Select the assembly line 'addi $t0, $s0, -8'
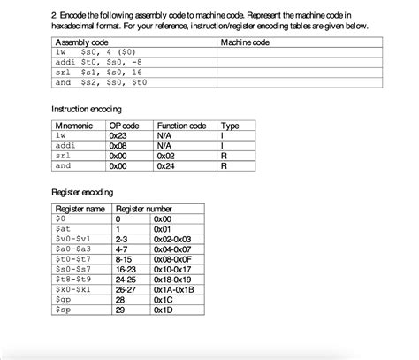[x=97, y=62]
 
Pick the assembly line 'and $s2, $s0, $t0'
[x=97, y=82]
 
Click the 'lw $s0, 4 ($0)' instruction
[x=92, y=52]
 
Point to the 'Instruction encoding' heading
[x=92, y=108]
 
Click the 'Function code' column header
[x=181, y=126]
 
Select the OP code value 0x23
[x=118, y=136]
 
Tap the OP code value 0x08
[x=118, y=146]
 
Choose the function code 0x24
[x=165, y=165]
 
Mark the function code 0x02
[x=165, y=156]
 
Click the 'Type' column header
[x=230, y=126]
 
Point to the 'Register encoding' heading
[x=83, y=192]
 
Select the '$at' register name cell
[x=61, y=228]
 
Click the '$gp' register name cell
[x=61, y=301]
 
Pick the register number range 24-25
[x=125, y=280]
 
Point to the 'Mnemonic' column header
[x=74, y=126]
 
